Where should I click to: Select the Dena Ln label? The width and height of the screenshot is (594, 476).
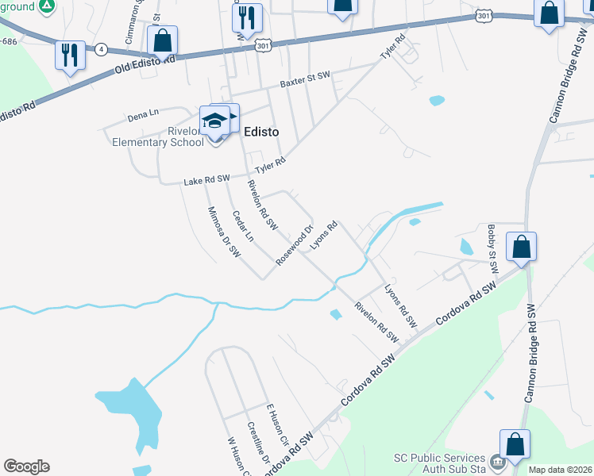point(143,117)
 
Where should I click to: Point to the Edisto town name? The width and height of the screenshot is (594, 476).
point(260,132)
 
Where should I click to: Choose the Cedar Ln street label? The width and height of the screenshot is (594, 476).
point(242,226)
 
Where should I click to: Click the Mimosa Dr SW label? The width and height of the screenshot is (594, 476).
point(223,232)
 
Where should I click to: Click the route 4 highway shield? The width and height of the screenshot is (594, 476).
point(101,49)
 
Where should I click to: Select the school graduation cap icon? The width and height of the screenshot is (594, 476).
point(214,121)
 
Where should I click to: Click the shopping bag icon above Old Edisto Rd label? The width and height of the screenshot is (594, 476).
point(162,40)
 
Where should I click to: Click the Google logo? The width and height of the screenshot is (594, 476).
point(26,466)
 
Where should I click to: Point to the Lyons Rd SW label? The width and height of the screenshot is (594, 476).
point(400,306)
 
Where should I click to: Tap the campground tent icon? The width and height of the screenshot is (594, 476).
point(47,6)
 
